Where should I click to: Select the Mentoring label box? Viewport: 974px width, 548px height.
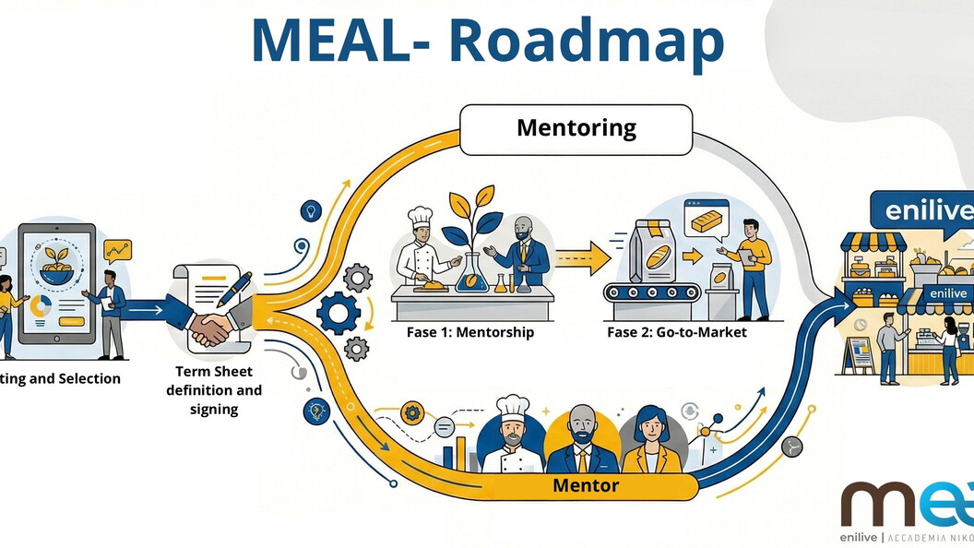click(576, 128)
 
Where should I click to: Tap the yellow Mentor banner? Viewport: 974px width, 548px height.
click(586, 485)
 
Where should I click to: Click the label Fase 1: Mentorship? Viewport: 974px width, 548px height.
click(470, 332)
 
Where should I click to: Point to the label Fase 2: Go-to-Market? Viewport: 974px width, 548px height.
click(677, 332)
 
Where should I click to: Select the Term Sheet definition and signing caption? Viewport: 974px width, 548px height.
click(219, 390)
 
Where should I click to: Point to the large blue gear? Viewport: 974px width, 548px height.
click(339, 313)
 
